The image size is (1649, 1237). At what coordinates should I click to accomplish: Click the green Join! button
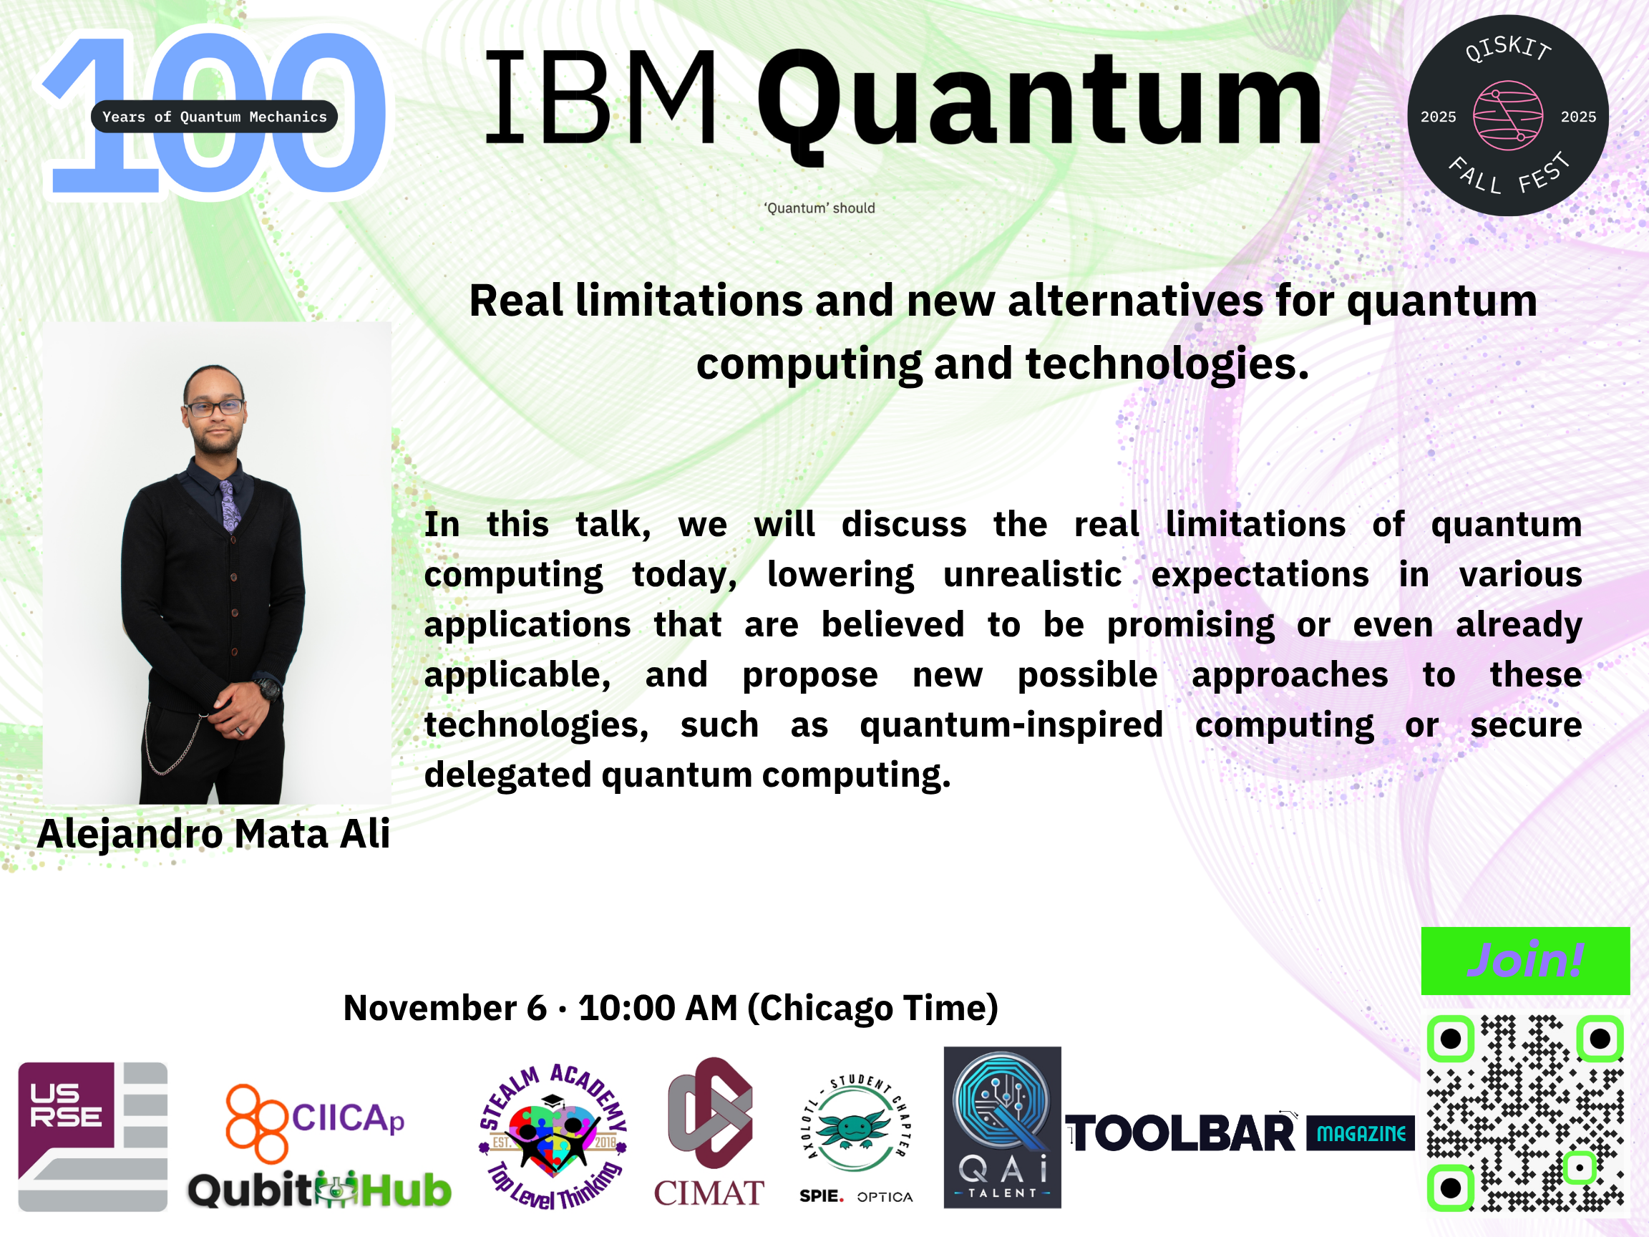coord(1525,961)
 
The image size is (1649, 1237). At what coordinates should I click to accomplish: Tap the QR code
coord(1525,1112)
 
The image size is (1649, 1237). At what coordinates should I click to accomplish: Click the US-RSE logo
coord(92,1136)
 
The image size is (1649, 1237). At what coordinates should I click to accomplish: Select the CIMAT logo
coord(709,1132)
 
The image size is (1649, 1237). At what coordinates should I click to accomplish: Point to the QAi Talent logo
coord(1002,1127)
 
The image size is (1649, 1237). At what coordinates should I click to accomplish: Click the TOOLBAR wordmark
coord(1181,1133)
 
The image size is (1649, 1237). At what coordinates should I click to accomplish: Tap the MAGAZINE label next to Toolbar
coord(1361,1133)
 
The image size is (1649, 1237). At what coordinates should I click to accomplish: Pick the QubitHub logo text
coord(320,1190)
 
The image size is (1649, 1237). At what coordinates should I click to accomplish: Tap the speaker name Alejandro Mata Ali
coord(214,833)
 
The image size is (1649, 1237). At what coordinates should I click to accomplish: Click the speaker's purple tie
coord(229,505)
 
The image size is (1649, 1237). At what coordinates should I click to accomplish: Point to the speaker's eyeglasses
coord(214,408)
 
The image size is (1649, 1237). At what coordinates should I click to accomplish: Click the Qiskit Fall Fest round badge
coord(1507,115)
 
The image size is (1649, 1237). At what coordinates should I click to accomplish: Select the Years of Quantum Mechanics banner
coord(214,116)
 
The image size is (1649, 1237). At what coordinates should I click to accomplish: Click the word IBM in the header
coord(602,97)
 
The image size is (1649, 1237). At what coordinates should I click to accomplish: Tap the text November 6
coord(445,1008)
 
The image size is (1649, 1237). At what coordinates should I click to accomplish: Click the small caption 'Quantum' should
coord(819,208)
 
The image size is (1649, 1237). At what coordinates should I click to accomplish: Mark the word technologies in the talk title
coord(1167,364)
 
